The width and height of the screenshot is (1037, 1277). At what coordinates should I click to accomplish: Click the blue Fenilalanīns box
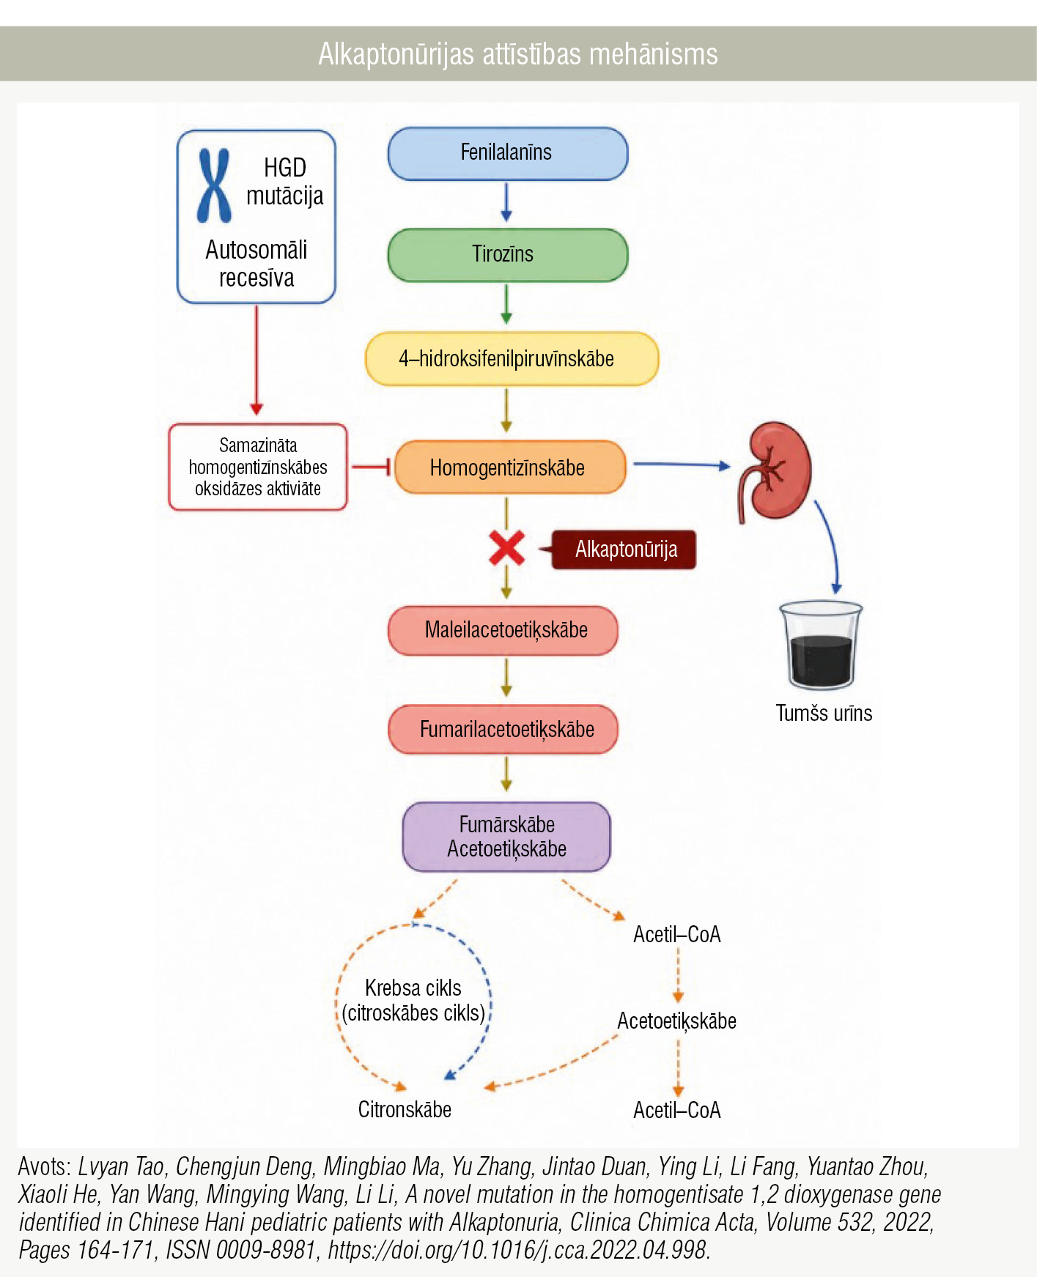[x=507, y=153]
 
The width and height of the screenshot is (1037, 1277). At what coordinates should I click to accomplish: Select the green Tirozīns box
[x=507, y=255]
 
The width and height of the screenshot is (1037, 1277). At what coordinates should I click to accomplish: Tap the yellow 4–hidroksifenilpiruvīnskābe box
[x=512, y=359]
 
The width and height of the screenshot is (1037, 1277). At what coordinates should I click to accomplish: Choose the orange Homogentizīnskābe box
[x=510, y=467]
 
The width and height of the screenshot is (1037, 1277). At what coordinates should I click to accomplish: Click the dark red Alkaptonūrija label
[x=624, y=549]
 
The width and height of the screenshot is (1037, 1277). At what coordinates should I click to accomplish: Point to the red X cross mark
[x=506, y=548]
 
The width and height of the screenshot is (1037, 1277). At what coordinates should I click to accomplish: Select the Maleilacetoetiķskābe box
[x=503, y=630]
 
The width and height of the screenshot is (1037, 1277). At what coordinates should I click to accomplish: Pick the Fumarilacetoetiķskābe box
[x=503, y=730]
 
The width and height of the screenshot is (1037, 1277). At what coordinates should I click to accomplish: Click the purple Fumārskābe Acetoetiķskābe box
[x=506, y=837]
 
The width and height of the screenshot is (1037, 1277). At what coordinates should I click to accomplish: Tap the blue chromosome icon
[x=214, y=185]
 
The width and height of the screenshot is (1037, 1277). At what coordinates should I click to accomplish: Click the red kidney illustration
[x=775, y=471]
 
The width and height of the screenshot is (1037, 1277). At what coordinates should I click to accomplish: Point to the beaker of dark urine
[x=821, y=645]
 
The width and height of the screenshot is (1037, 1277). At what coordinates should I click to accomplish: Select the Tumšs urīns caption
[x=824, y=714]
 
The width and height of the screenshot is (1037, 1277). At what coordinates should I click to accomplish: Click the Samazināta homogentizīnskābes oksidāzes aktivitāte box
[x=258, y=467]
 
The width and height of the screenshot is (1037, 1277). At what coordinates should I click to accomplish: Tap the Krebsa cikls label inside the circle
[x=413, y=988]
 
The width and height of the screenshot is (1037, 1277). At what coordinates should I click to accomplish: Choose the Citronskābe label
[x=405, y=1109]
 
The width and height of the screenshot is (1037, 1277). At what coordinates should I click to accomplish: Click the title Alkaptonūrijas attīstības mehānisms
[x=518, y=54]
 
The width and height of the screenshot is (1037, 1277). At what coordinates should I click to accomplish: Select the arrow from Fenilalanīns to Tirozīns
[x=506, y=202]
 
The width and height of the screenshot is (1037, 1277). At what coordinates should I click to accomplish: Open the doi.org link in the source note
[x=519, y=1250]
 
